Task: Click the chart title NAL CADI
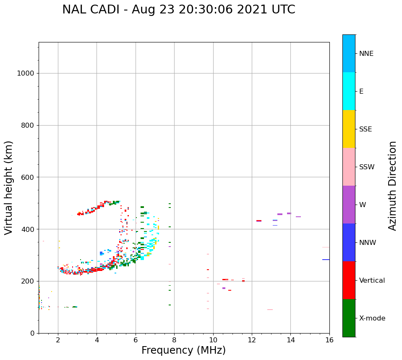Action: [178, 10]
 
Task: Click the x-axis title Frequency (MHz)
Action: [183, 350]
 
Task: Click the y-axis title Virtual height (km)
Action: [9, 187]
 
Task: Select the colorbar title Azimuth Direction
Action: [392, 186]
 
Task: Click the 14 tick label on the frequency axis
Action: [290, 340]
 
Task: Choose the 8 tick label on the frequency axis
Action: [174, 340]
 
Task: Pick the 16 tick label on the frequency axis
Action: [329, 340]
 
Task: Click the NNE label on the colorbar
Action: [366, 54]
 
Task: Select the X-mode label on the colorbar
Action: [372, 318]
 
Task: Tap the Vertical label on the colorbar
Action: [372, 281]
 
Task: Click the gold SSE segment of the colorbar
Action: [349, 129]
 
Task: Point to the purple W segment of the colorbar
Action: [349, 205]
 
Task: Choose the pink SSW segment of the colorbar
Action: [349, 167]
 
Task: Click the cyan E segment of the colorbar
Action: [349, 91]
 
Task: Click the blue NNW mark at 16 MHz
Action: [326, 260]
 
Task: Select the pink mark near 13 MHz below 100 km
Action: [270, 310]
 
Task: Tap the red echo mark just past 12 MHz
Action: [259, 221]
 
